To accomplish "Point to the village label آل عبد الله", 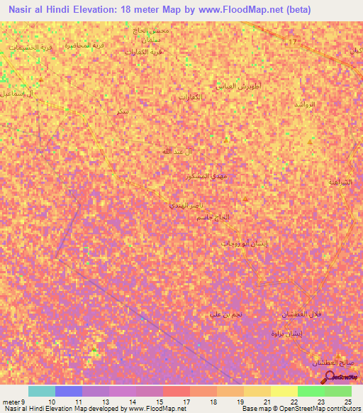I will click(x=174, y=151).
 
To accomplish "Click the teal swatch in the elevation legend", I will click(x=41, y=391).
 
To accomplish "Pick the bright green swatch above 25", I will click(x=337, y=391).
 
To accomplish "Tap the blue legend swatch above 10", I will click(x=68, y=391).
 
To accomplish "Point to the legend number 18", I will click(x=213, y=402).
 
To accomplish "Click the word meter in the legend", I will click(x=11, y=402).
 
